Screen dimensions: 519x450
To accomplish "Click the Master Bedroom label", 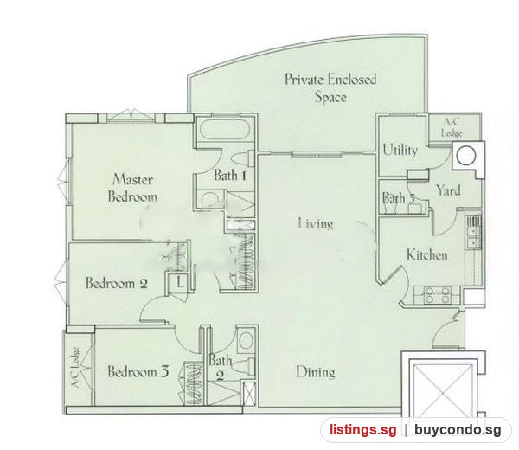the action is pyautogui.click(x=132, y=188).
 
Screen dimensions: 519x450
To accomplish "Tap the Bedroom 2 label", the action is pyautogui.click(x=117, y=284).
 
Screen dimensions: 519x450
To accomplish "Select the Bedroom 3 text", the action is pyautogui.click(x=138, y=371).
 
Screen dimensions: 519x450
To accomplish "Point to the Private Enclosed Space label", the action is pyautogui.click(x=330, y=88).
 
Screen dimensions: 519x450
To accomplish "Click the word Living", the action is pyautogui.click(x=316, y=223).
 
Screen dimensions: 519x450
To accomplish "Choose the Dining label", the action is pyautogui.click(x=316, y=372).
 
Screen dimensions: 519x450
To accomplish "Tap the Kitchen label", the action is pyautogui.click(x=427, y=254).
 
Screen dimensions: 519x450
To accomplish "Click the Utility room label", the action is pyautogui.click(x=400, y=150).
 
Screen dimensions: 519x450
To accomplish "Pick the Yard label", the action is pyautogui.click(x=448, y=190).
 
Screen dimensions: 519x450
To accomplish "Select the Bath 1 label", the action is pyautogui.click(x=230, y=175).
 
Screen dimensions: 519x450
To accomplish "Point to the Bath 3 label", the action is pyautogui.click(x=399, y=198).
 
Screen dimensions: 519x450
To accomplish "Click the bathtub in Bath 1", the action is pyautogui.click(x=225, y=130).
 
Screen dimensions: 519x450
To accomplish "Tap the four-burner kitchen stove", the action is pyautogui.click(x=437, y=295).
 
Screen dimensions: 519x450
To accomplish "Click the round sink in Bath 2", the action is pyautogui.click(x=246, y=341).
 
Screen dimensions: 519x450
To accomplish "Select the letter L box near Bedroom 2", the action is pyautogui.click(x=179, y=282).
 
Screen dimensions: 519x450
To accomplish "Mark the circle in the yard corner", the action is pyautogui.click(x=466, y=156).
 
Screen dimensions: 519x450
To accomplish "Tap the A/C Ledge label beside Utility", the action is pyautogui.click(x=452, y=128).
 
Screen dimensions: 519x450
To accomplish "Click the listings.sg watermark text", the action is pyautogui.click(x=362, y=430).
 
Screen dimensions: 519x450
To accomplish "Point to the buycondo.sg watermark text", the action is pyautogui.click(x=458, y=430).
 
